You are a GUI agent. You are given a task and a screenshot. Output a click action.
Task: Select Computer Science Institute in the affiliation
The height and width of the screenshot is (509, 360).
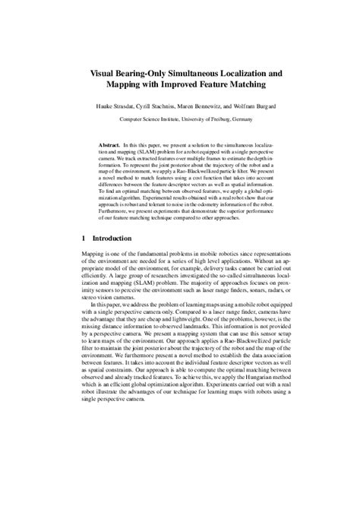pos(147,119)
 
